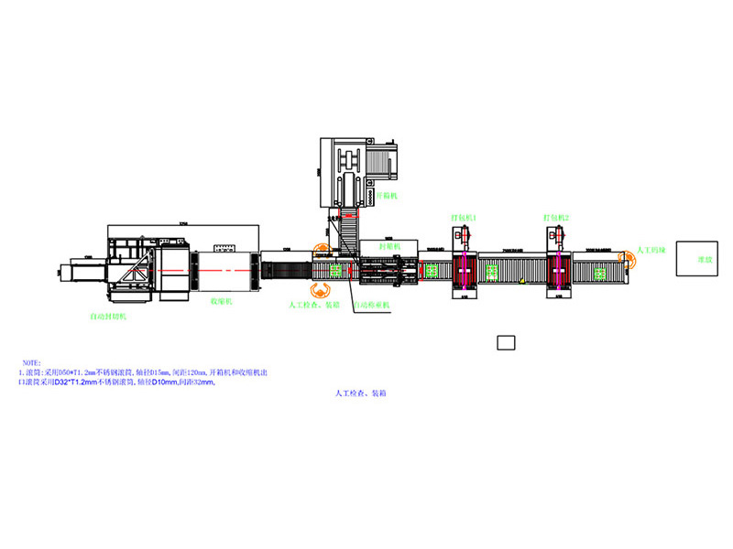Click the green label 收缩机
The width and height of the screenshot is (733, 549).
pyautogui.click(x=224, y=300)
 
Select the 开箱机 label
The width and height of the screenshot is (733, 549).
pyautogui.click(x=387, y=195)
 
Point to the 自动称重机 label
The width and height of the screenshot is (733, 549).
pyautogui.click(x=372, y=304)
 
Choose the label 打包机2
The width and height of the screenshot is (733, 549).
pyautogui.click(x=555, y=218)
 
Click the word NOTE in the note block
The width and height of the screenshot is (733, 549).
pyautogui.click(x=32, y=362)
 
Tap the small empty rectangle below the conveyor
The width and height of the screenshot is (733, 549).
pyautogui.click(x=506, y=343)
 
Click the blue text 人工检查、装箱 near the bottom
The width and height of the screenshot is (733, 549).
pyautogui.click(x=360, y=393)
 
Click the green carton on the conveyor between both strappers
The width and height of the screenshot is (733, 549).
pyautogui.click(x=493, y=271)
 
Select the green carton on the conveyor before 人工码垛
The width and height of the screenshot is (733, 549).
pyautogui.click(x=601, y=271)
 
